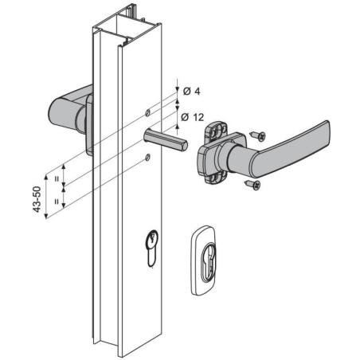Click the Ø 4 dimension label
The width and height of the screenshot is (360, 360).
[191, 92]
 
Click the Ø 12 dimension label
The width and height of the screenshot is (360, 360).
[193, 117]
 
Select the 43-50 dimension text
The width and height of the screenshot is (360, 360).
[37, 199]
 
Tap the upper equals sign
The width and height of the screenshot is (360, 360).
[57, 179]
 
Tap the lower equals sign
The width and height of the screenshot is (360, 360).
[57, 202]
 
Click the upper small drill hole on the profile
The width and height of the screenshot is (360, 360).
[147, 113]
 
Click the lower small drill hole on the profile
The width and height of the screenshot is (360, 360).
[147, 158]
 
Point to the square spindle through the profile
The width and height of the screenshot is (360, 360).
[165, 140]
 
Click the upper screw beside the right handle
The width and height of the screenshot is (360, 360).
[258, 135]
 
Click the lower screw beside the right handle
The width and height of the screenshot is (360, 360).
[252, 184]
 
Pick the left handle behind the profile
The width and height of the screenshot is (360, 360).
[70, 109]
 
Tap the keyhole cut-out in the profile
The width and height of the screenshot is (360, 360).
[151, 248]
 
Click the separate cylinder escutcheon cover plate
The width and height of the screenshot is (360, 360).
[204, 260]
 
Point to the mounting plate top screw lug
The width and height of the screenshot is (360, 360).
[215, 129]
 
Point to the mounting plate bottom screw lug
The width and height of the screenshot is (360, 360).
[214, 178]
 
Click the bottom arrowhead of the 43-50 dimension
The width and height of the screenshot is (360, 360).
[46, 216]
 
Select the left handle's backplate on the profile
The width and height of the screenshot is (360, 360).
[89, 125]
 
